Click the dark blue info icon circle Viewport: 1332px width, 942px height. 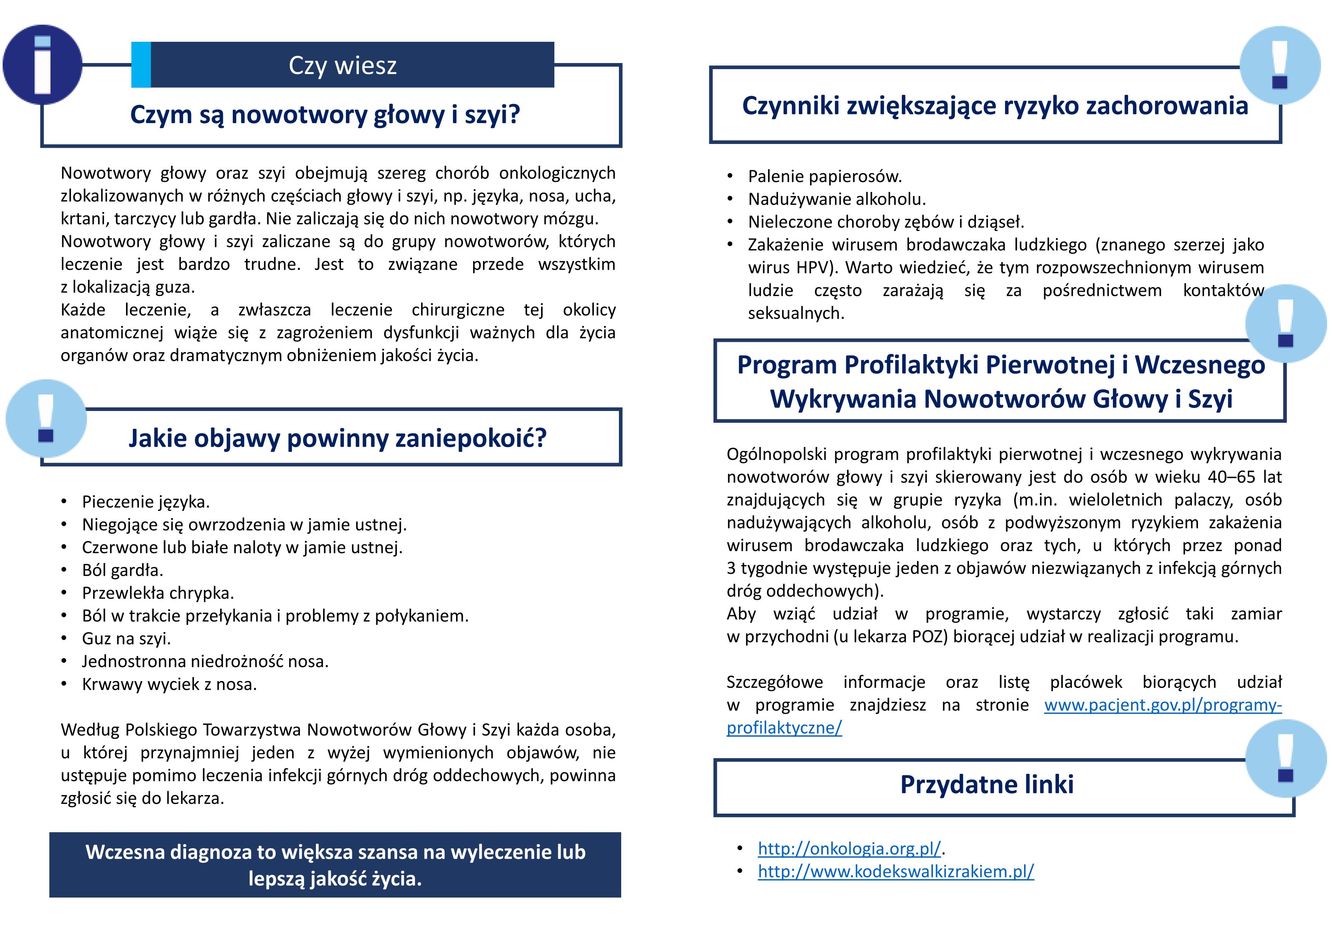coord(43,65)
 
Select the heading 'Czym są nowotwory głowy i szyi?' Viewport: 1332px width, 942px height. coord(325,114)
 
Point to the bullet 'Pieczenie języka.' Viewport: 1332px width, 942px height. coord(145,501)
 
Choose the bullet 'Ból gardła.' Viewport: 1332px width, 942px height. coord(122,570)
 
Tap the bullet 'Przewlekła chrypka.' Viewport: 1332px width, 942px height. coord(158,593)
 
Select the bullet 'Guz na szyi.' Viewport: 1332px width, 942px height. coord(126,639)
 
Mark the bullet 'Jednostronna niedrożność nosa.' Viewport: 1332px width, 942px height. coord(205,661)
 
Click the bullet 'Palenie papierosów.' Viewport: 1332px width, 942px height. coord(824,176)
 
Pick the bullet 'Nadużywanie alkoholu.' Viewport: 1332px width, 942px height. coord(836,199)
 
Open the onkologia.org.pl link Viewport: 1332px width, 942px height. coord(849,849)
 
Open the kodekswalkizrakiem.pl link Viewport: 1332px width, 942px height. coord(895,871)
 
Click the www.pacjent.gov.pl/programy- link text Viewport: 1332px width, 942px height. coord(1162,705)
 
